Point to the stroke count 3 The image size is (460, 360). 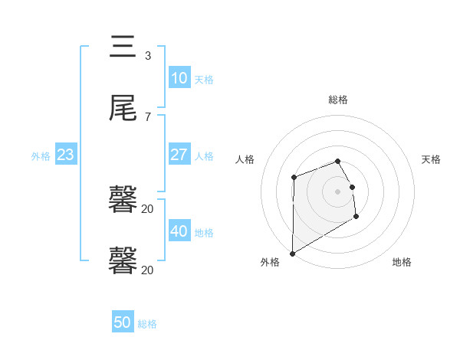coord(148,56)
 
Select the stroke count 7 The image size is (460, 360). coord(148,116)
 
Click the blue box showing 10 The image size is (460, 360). coord(179,78)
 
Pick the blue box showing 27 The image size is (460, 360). coord(179,154)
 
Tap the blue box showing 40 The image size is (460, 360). coord(179,231)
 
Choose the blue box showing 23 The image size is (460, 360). coord(66,155)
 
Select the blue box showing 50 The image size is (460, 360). coord(123,322)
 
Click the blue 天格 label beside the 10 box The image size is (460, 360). coord(204,80)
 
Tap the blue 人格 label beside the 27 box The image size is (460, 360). coord(204,155)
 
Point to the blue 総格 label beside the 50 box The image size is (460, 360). coord(147,324)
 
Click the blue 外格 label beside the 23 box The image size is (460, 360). coord(41,156)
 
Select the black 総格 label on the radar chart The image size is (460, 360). coord(338,100)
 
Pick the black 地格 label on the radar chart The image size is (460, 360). coord(402,262)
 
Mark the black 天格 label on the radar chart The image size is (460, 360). coord(431,159)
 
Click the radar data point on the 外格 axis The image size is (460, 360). coord(292,253)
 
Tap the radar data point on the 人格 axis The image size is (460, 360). coord(294,178)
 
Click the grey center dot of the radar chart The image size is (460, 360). coord(338,191)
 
